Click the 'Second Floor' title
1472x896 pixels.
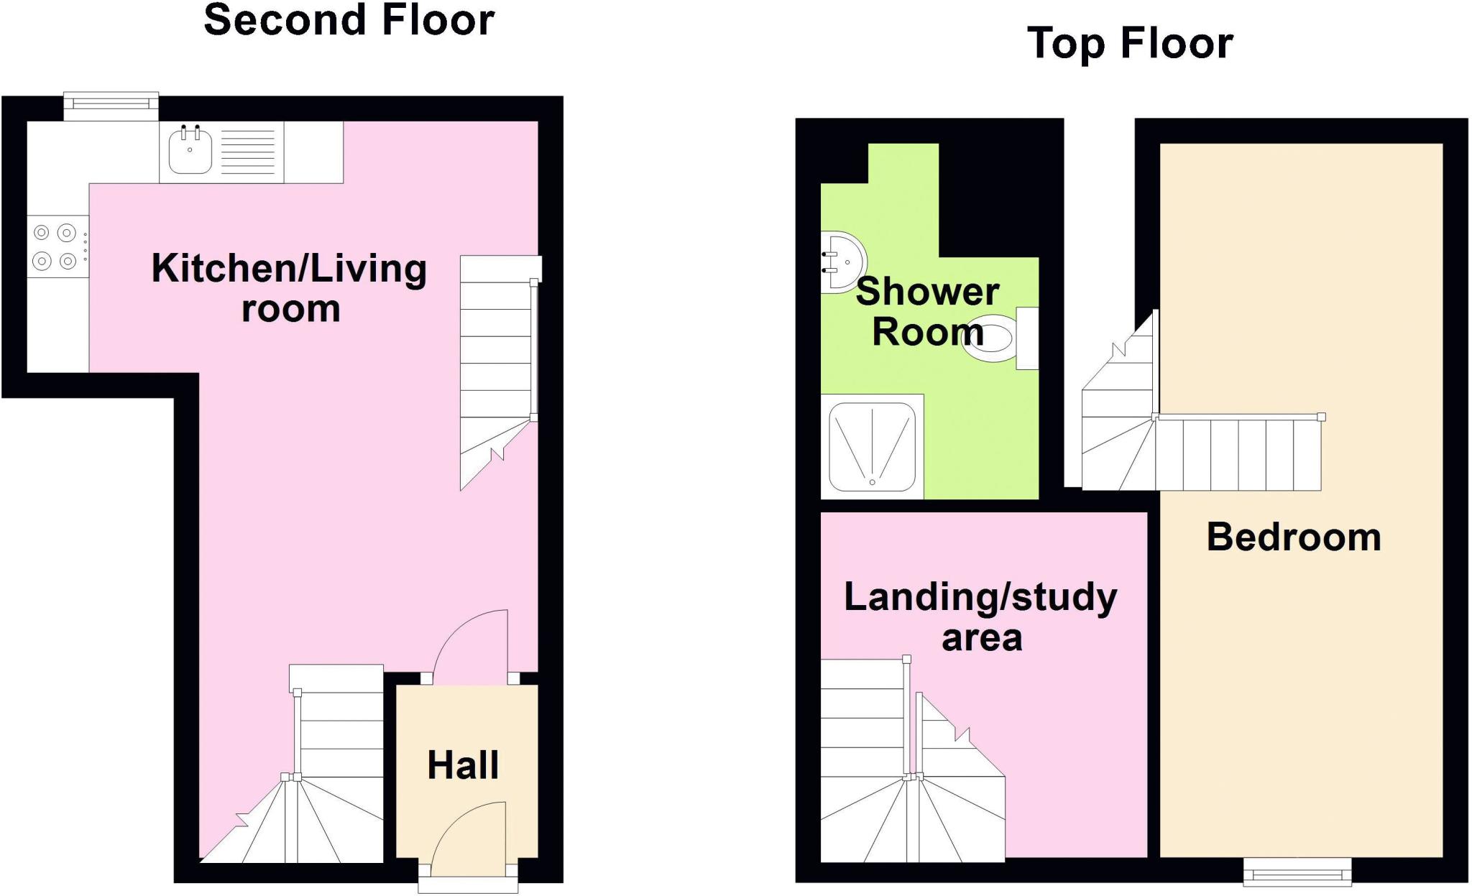point(349,20)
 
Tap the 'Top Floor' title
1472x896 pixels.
point(1130,43)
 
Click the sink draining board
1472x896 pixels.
point(248,152)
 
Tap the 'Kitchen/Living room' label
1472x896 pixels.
point(290,287)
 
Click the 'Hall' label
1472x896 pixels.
point(463,765)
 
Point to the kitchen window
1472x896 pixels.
point(111,106)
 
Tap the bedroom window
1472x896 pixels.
point(1297,872)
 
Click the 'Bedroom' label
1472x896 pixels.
point(1294,537)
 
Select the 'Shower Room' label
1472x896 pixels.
point(927,311)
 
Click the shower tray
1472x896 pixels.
point(872,445)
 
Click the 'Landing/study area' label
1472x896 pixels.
point(980,616)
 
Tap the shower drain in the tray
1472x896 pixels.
point(873,482)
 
